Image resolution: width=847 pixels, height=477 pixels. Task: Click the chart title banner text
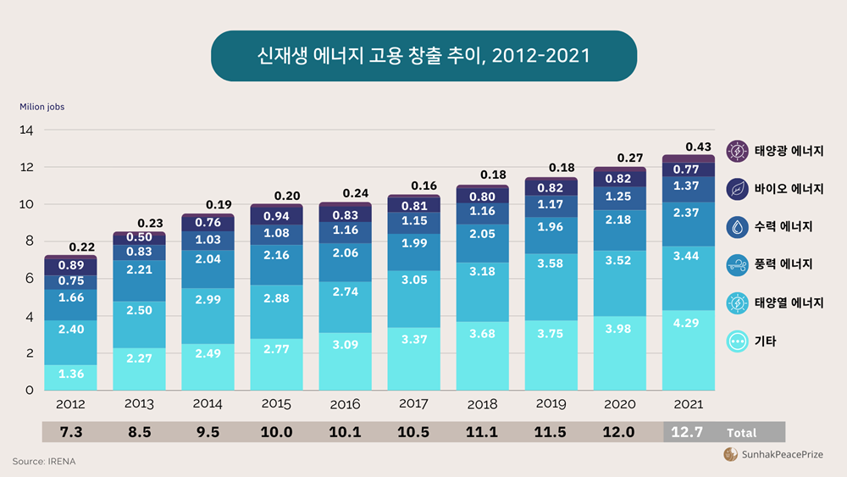[x=423, y=56]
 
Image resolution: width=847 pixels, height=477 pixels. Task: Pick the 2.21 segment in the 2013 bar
[x=140, y=269]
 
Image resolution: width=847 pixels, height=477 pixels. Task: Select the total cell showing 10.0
[x=277, y=432]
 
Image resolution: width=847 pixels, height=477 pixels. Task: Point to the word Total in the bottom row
[x=741, y=433]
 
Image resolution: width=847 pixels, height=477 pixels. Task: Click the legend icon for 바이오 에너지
[x=738, y=188]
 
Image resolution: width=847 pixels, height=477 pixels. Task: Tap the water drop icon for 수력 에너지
[x=738, y=226]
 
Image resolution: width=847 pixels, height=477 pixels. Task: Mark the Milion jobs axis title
[x=42, y=107]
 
